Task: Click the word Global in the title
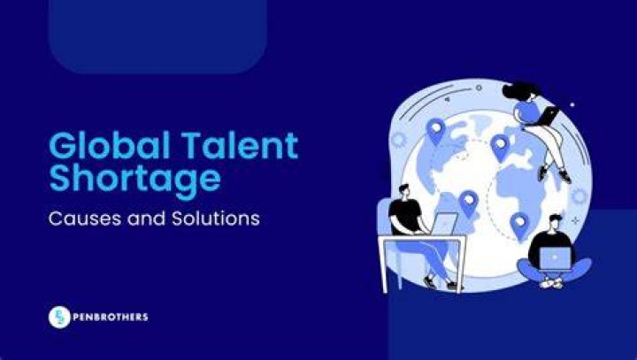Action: [x=109, y=145]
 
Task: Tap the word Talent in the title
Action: [x=240, y=145]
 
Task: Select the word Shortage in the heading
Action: [x=134, y=179]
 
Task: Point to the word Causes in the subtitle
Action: [x=85, y=218]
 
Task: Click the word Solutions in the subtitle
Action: [x=216, y=218]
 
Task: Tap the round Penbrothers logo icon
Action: [x=60, y=317]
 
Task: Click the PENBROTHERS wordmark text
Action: [x=110, y=317]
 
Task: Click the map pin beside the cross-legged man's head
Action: [x=519, y=226]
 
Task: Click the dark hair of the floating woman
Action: [x=521, y=91]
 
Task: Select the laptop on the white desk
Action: [x=444, y=225]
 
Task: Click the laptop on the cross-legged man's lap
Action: [x=555, y=258]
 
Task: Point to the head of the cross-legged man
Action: [x=555, y=224]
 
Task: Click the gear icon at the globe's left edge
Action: [x=398, y=140]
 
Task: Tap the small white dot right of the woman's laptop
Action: [x=572, y=105]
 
